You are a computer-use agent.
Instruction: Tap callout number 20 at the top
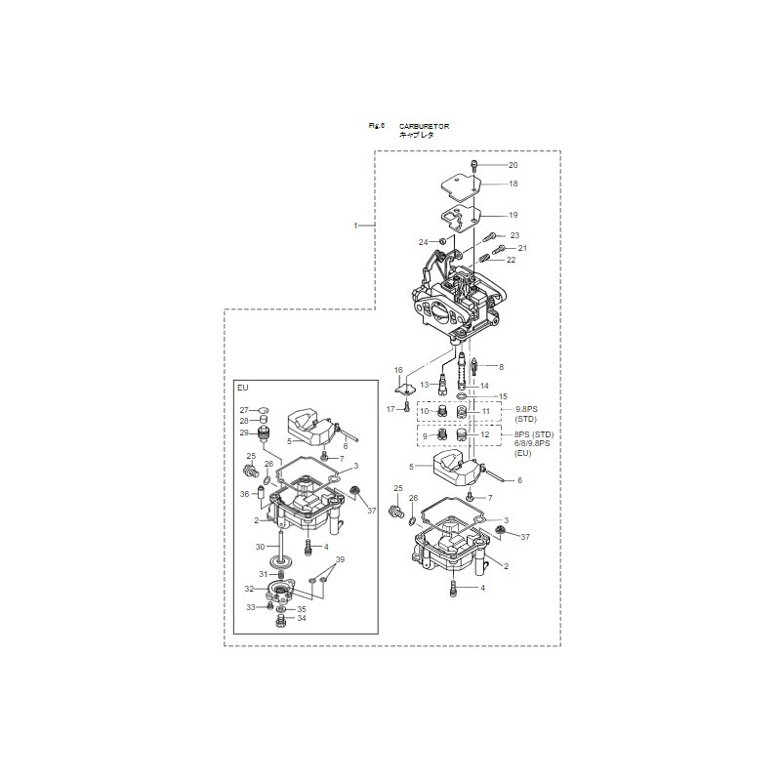click(513, 165)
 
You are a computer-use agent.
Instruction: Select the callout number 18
click(513, 184)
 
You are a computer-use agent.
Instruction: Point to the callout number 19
click(513, 215)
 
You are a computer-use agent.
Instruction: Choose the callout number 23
click(514, 235)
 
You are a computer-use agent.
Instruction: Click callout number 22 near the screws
click(511, 260)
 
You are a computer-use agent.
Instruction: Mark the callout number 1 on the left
click(357, 226)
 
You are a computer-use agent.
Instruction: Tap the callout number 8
click(501, 367)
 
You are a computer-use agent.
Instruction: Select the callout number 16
click(398, 370)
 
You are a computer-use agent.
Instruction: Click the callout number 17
click(390, 408)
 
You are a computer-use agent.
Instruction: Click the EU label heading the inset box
click(243, 388)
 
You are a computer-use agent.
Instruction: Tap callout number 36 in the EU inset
click(244, 494)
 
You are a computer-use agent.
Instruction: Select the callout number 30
click(260, 546)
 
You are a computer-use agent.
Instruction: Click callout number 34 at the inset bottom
click(302, 618)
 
